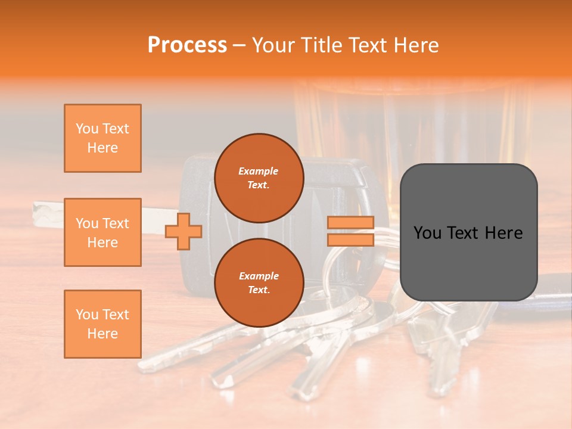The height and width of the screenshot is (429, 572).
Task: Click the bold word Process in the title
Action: pyautogui.click(x=187, y=45)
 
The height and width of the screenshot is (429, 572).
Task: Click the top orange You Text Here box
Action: pyautogui.click(x=102, y=138)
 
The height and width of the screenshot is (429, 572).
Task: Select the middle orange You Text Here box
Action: pyautogui.click(x=102, y=232)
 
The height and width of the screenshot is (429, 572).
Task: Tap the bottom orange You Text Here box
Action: pyautogui.click(x=102, y=324)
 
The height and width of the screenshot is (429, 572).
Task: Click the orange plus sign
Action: pyautogui.click(x=184, y=231)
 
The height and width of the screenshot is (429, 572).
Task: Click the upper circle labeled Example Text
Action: pyautogui.click(x=259, y=178)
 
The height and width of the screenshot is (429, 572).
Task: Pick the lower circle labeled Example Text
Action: pyautogui.click(x=259, y=282)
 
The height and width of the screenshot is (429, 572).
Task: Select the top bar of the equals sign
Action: pyautogui.click(x=350, y=223)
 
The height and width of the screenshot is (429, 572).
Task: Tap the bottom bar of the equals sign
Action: pyautogui.click(x=350, y=240)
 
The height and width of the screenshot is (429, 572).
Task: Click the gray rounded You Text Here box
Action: pyautogui.click(x=468, y=232)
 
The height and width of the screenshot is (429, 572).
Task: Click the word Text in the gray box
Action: pyautogui.click(x=470, y=233)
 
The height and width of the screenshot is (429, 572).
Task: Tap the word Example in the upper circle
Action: pyautogui.click(x=259, y=171)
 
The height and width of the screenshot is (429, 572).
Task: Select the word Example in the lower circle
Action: pyautogui.click(x=259, y=276)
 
